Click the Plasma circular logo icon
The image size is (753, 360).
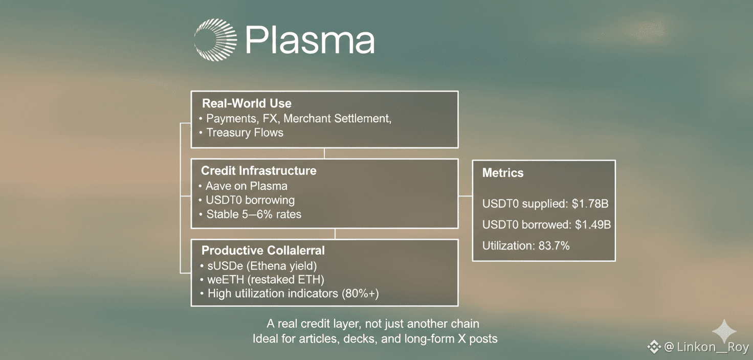coord(215,40)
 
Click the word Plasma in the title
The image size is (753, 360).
coord(310,40)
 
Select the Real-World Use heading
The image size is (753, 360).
coord(247,103)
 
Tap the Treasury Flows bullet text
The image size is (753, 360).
coord(245,132)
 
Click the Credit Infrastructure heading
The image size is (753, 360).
coord(258,171)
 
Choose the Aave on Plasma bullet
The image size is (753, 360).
coord(247,186)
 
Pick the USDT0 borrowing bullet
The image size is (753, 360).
coord(250,200)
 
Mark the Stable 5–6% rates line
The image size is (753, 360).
coord(254,214)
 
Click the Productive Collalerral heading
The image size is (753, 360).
coord(263,251)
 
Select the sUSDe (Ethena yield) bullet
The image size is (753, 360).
coord(262,266)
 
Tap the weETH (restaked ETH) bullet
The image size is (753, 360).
coord(265,280)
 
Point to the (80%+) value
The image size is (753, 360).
coord(360,294)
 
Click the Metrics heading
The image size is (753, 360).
coord(503,173)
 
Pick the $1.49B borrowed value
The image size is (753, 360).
coord(593,224)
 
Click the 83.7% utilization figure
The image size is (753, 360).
coord(554,246)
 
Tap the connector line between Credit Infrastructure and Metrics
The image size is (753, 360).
coord(465,196)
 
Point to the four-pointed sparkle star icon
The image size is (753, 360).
coord(724,331)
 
